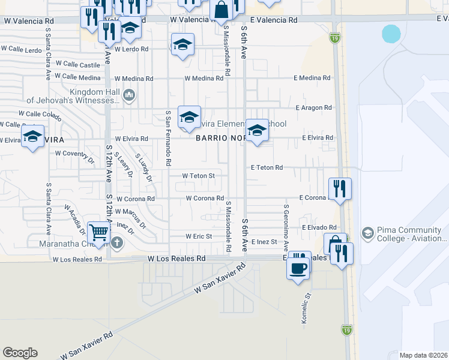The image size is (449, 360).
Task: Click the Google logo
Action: pos(20,353)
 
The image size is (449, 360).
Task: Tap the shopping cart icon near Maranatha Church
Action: pos(99,232)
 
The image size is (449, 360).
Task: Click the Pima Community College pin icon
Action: pos(367,232)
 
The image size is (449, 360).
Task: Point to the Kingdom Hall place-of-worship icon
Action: pos(128,95)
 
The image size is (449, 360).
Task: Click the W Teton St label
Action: pos(199,175)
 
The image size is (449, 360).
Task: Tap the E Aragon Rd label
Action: pos(314,107)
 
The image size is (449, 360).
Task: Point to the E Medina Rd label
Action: pos(312,78)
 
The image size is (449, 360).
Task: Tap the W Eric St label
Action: pos(199,236)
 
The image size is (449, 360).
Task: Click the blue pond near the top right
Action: pos(391,34)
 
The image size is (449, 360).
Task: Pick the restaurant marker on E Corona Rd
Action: pos(340,189)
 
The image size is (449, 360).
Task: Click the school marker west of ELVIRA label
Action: pos(32,135)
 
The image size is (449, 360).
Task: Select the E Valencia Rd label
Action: pos(274,20)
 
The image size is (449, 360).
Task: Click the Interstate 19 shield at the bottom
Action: pos(346,329)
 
